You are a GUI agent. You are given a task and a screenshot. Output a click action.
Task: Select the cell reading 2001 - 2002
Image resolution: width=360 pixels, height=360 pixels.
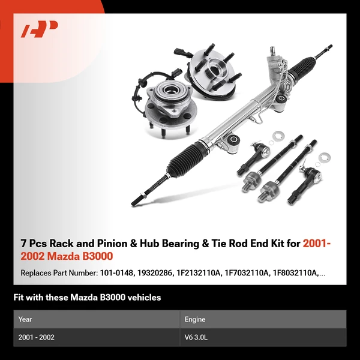point(37,337)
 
